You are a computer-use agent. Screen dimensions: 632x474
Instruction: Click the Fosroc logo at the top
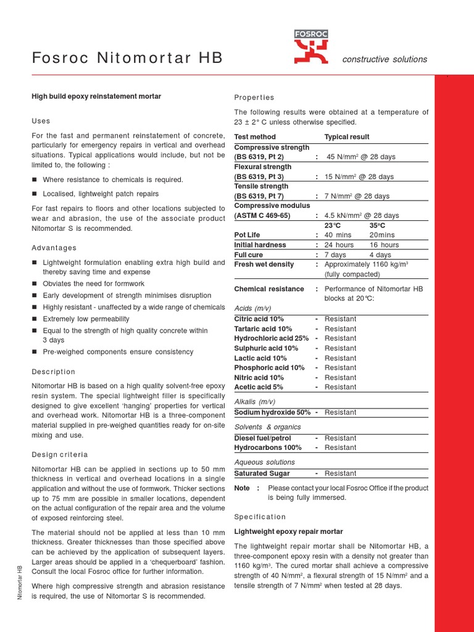tap(311, 48)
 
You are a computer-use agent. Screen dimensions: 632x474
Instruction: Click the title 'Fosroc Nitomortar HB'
tap(127, 58)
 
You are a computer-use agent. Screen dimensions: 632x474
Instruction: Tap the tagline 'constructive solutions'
tap(385, 59)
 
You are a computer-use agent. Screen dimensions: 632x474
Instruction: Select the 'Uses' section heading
tap(41, 121)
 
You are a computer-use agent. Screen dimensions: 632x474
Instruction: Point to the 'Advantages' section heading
tap(54, 248)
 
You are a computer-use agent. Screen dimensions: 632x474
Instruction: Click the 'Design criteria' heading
tap(60, 454)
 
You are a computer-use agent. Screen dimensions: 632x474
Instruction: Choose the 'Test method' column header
tap(255, 137)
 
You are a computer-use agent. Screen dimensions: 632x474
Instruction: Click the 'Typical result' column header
tap(347, 137)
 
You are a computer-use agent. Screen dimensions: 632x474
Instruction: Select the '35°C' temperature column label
tap(377, 225)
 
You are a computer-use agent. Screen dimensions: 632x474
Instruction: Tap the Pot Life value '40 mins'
tap(338, 235)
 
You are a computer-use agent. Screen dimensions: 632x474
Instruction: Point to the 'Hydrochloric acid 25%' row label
tap(271, 339)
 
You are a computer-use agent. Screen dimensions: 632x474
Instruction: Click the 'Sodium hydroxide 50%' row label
tap(272, 412)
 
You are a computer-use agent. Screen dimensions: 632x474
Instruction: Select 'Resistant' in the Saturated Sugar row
tap(340, 473)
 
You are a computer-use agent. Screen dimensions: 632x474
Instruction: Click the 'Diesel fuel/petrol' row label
tap(262, 438)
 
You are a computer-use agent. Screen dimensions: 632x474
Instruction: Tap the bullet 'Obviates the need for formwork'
tap(93, 284)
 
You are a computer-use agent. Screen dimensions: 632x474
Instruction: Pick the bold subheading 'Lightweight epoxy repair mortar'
tap(288, 531)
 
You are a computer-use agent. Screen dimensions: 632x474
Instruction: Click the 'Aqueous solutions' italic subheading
tap(264, 462)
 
